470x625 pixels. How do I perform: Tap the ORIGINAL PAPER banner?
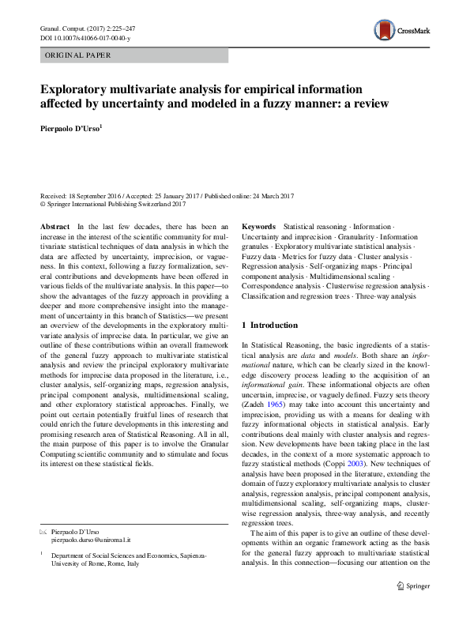[x=77, y=55]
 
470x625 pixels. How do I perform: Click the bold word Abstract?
[x=55, y=227]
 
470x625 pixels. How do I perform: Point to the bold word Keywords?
[x=258, y=227]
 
